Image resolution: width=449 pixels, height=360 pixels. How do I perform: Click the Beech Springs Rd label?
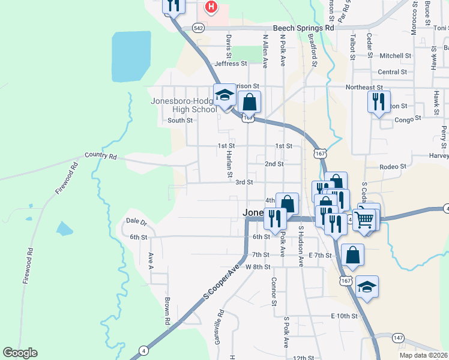pos(303,28)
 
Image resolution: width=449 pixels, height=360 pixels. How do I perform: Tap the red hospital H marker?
pos(211,7)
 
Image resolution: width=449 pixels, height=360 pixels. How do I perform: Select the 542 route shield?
pos(199,28)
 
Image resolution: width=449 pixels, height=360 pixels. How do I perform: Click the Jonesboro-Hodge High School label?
pos(186,105)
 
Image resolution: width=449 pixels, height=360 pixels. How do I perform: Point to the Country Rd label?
pos(100,155)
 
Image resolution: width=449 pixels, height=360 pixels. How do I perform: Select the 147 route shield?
pos(399,338)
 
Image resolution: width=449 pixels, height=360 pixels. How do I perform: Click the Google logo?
pos(20,353)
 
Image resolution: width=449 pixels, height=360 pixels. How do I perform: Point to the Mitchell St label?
pos(395,55)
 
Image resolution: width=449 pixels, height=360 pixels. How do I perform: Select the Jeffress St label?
pos(231,63)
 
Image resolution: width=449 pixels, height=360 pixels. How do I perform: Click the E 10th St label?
pos(344,316)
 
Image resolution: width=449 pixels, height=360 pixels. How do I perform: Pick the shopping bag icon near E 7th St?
pos(353,254)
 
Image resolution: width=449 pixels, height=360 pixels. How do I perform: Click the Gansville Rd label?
pos(221,322)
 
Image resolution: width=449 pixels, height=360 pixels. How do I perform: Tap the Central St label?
pos(393,72)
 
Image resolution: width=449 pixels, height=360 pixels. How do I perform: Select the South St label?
pos(180,120)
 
